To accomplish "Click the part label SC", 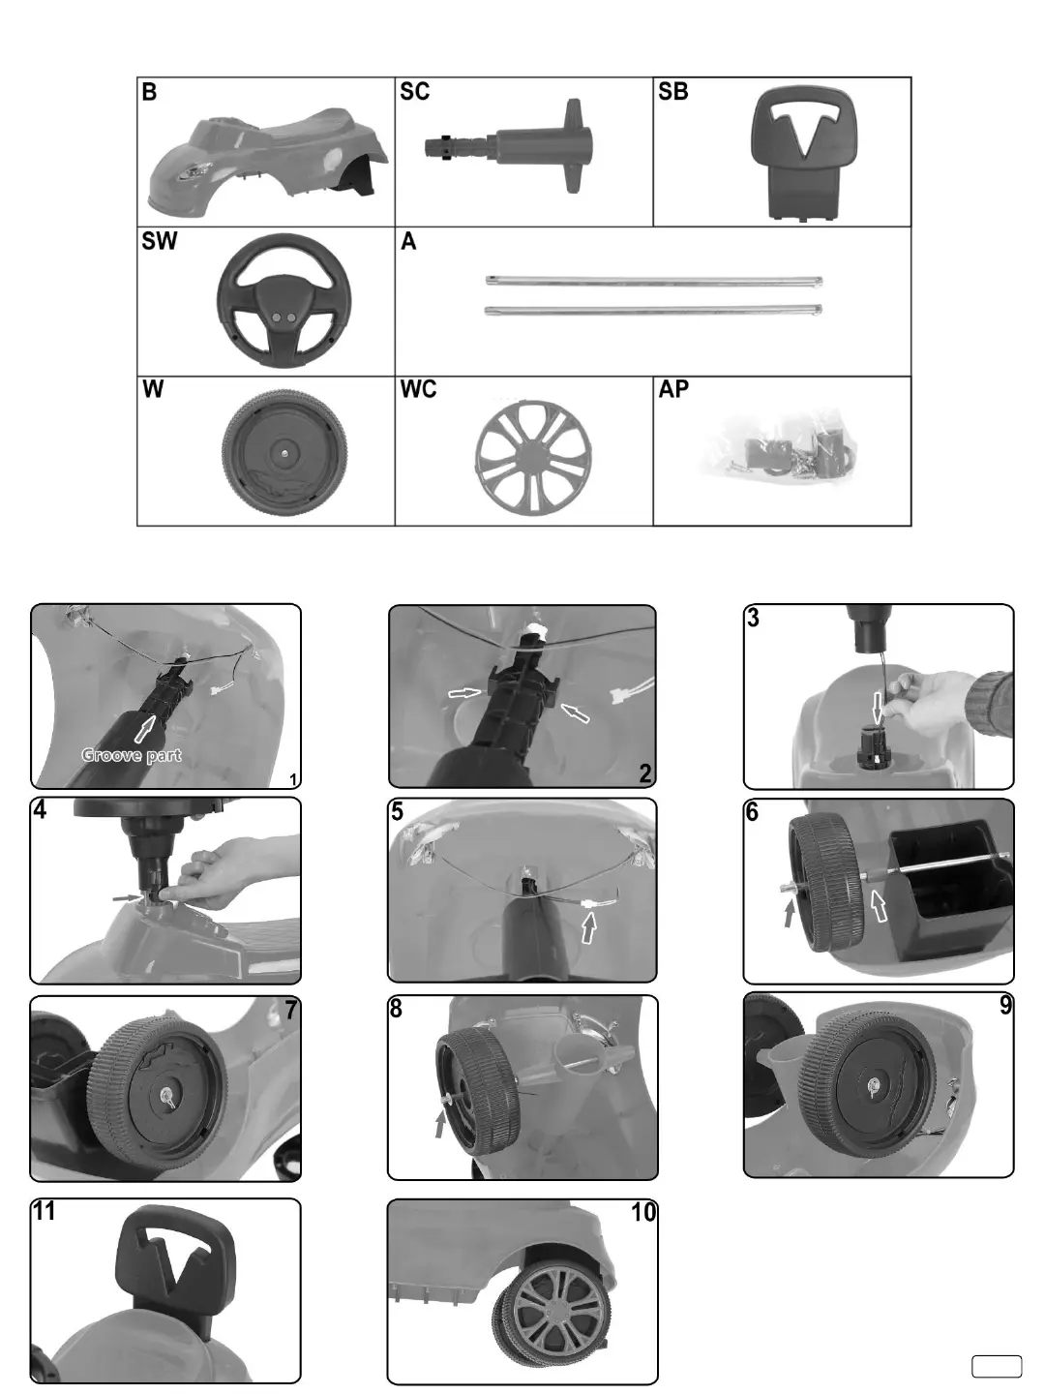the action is [414, 92].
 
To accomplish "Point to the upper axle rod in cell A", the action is [653, 282].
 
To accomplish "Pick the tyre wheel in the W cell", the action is [284, 450].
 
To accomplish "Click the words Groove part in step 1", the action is [132, 755].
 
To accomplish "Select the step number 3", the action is [754, 618].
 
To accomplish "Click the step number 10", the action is [643, 1212].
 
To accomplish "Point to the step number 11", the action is [44, 1211].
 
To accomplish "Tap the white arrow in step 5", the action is [588, 928].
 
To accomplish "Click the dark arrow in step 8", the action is [441, 1123].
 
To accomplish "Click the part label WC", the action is [418, 390].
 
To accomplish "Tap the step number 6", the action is [753, 812].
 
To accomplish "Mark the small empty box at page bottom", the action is [997, 1366].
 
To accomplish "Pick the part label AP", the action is [673, 390].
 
